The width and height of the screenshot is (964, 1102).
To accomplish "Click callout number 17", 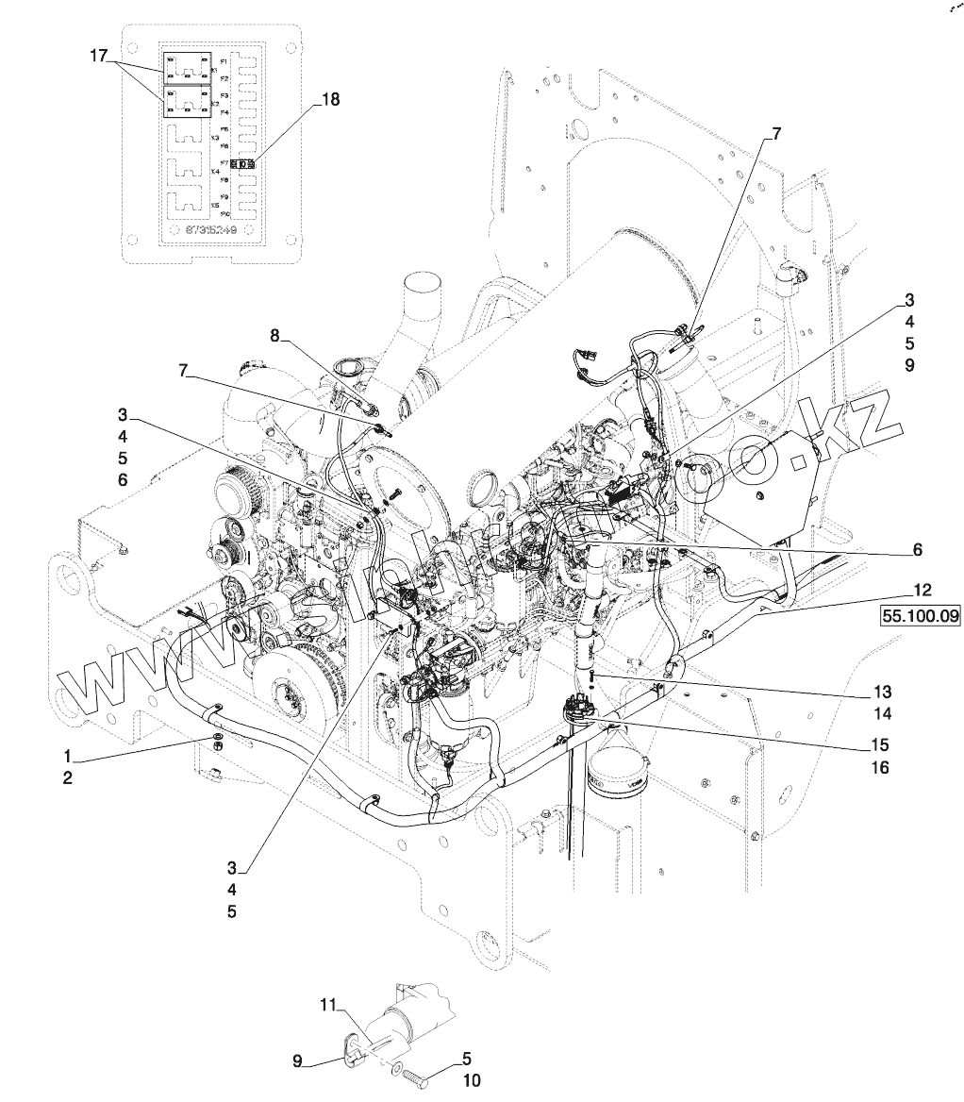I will click(99, 57).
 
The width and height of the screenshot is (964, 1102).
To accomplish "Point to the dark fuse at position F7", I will click(245, 163).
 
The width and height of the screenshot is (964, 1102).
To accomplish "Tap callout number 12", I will click(922, 591).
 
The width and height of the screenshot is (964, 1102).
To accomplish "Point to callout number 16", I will click(880, 767).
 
